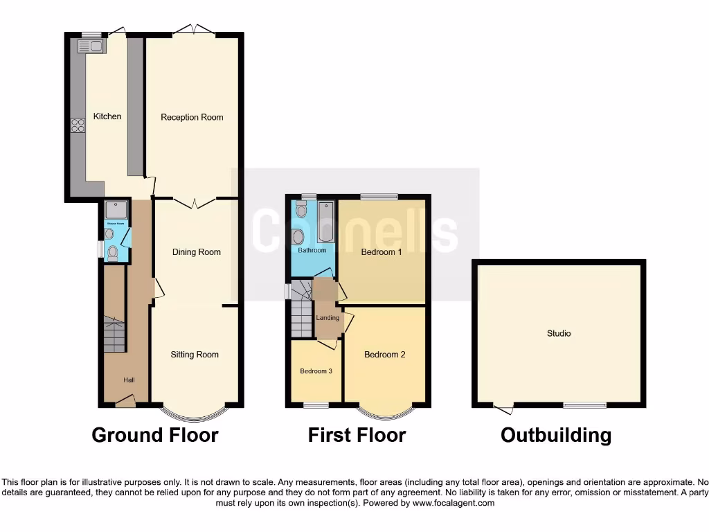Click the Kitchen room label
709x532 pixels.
107,116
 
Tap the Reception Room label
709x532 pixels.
192,117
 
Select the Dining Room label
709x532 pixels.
197,252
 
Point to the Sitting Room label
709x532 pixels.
195,355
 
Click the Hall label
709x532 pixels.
129,380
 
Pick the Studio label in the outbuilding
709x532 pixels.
559,334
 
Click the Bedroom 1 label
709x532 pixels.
382,252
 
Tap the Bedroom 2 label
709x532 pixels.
385,355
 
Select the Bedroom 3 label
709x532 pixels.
316,371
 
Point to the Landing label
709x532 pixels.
327,318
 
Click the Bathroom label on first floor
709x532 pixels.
312,251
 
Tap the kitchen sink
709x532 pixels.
91,46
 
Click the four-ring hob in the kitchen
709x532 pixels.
78,125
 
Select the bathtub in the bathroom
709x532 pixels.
325,222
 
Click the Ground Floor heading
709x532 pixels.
155,435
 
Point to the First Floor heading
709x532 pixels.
357,435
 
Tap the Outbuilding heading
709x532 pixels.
556,435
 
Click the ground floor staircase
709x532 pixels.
114,335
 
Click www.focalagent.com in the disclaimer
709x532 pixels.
454,503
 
